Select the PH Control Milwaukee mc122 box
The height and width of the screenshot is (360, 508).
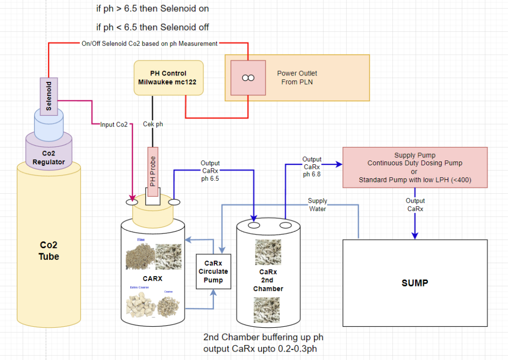point(168,77)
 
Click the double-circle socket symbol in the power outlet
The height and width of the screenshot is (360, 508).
point(248,78)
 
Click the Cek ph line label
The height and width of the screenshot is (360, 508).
point(153,124)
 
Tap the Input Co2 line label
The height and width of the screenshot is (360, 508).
point(115,124)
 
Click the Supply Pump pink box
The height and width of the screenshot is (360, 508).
point(414,167)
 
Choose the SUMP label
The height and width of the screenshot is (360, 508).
point(415,283)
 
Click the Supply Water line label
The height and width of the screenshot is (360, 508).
point(317,205)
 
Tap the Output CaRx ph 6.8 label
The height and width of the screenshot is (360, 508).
point(312,167)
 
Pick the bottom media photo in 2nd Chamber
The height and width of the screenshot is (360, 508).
point(267,310)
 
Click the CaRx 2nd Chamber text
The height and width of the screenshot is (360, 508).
point(268,280)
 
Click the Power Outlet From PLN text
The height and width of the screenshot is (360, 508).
point(297,77)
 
